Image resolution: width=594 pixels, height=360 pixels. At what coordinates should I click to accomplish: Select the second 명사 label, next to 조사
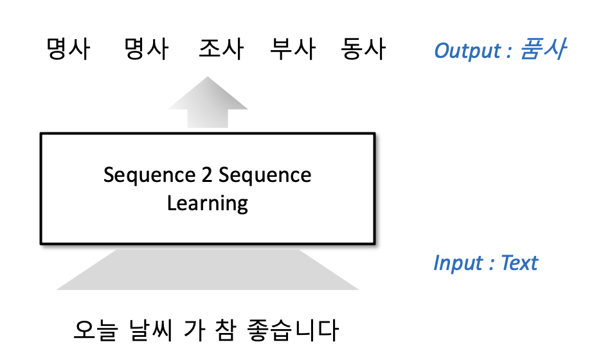[146, 50]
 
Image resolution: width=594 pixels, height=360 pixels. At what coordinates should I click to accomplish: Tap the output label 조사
[221, 50]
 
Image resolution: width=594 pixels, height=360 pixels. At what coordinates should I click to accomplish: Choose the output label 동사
[364, 50]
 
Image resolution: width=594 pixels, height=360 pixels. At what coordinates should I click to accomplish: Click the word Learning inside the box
[207, 203]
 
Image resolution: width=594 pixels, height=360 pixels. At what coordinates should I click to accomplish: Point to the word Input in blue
[458, 263]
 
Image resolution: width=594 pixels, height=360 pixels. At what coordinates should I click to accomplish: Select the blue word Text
[519, 263]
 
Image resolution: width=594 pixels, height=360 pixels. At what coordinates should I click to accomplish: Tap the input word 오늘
[95, 330]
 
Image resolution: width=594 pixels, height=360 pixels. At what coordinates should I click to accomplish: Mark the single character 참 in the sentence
[237, 330]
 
